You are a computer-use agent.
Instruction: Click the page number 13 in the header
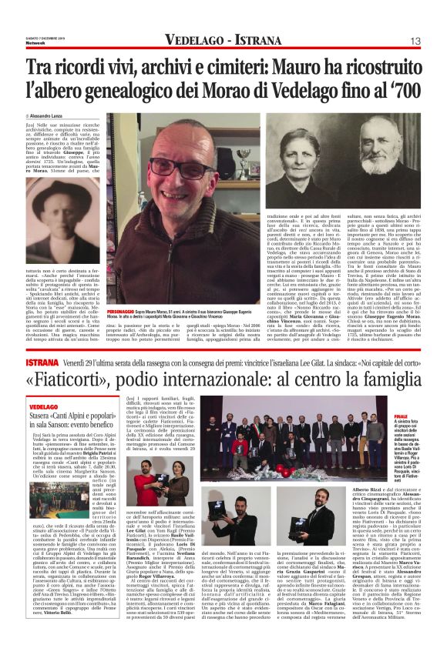pos(415,41)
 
